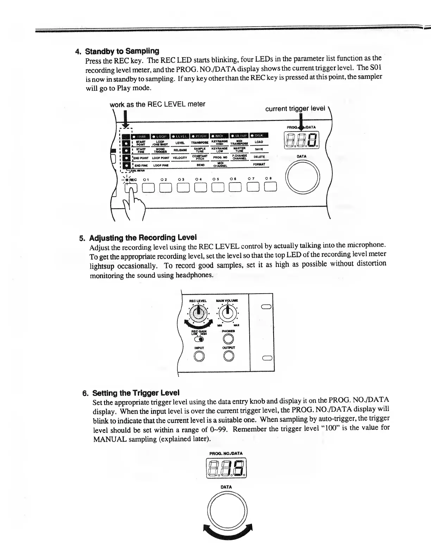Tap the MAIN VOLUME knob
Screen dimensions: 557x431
pos(229,311)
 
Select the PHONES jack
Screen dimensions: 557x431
pos(229,339)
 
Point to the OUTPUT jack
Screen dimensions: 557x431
pos(229,357)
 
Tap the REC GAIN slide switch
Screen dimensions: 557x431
pos(199,339)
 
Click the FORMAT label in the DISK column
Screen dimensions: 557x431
pos(259,164)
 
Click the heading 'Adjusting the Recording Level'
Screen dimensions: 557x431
pos(143,238)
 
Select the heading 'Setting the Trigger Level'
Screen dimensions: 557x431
pos(136,392)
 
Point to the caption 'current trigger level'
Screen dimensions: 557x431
pos(295,109)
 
